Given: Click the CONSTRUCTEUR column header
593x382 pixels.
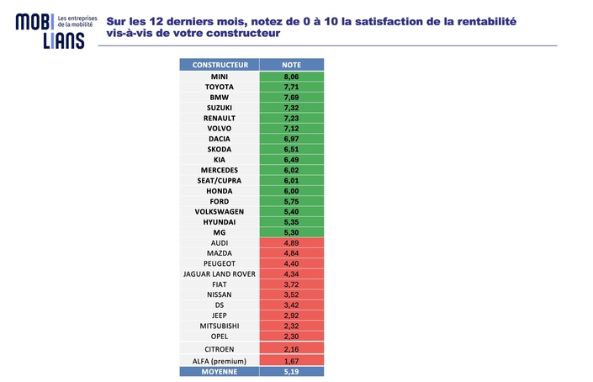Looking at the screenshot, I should pos(219,65).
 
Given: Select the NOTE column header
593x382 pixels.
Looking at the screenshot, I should pos(291,65).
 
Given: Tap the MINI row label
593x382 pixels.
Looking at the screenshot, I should pos(219,76).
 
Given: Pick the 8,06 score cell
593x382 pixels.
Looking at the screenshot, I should pos(291,76).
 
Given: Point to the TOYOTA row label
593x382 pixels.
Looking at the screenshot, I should pos(219,87).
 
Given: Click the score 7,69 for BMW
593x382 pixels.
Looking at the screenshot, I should pos(291,97).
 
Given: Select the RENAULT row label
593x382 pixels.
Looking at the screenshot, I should pos(219,118).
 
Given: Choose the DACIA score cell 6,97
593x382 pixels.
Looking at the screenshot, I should pos(291,138).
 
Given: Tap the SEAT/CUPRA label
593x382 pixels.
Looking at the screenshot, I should pos(219,180).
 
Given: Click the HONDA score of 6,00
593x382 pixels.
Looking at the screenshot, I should pos(291,190).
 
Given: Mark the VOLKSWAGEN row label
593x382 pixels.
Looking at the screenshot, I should pos(219,211).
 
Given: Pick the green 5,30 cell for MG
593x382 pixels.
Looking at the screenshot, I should pos(291,232).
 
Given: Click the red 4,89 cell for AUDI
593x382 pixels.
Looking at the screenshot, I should pos(291,242).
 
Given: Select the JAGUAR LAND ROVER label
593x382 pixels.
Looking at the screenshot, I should pos(219,273).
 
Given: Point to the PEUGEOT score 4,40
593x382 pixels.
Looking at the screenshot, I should pos(291,263).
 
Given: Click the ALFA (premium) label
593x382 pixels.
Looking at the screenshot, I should pos(219,360).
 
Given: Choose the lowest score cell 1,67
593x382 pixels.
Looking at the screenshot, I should pos(291,360).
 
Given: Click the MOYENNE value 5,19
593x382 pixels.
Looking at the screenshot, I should pos(291,370).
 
